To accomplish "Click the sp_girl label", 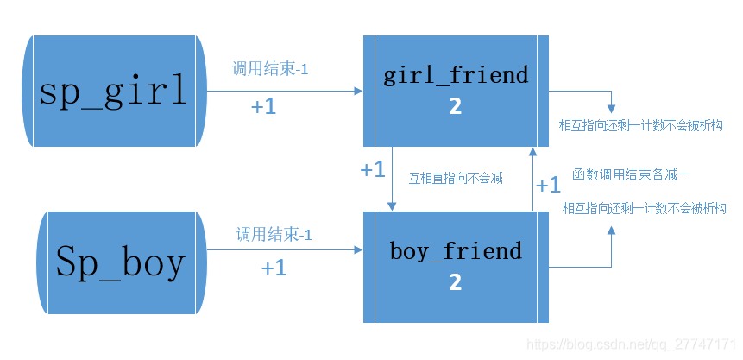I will pyautogui.click(x=113, y=91).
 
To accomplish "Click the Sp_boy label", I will pyautogui.click(x=120, y=262).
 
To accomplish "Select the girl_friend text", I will pyautogui.click(x=455, y=75).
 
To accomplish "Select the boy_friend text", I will pyautogui.click(x=456, y=251).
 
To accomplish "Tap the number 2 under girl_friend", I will pyautogui.click(x=455, y=106).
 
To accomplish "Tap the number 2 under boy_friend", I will pyautogui.click(x=455, y=282).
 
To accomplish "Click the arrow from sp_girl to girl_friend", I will pyautogui.click(x=285, y=91).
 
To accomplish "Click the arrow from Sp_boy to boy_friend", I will pyautogui.click(x=285, y=250).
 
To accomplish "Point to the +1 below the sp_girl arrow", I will pyautogui.click(x=264, y=107).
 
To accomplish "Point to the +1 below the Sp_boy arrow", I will pyautogui.click(x=274, y=268).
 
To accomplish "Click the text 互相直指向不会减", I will pyautogui.click(x=456, y=179).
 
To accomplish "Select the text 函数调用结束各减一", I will pyautogui.click(x=631, y=174).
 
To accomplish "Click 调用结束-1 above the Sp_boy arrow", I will pyautogui.click(x=274, y=235).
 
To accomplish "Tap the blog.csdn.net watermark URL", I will pyautogui.click(x=630, y=344).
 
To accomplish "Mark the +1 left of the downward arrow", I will pyautogui.click(x=372, y=170).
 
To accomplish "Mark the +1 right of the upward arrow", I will pyautogui.click(x=549, y=185).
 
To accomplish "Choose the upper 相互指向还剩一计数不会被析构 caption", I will pyautogui.click(x=641, y=126).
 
